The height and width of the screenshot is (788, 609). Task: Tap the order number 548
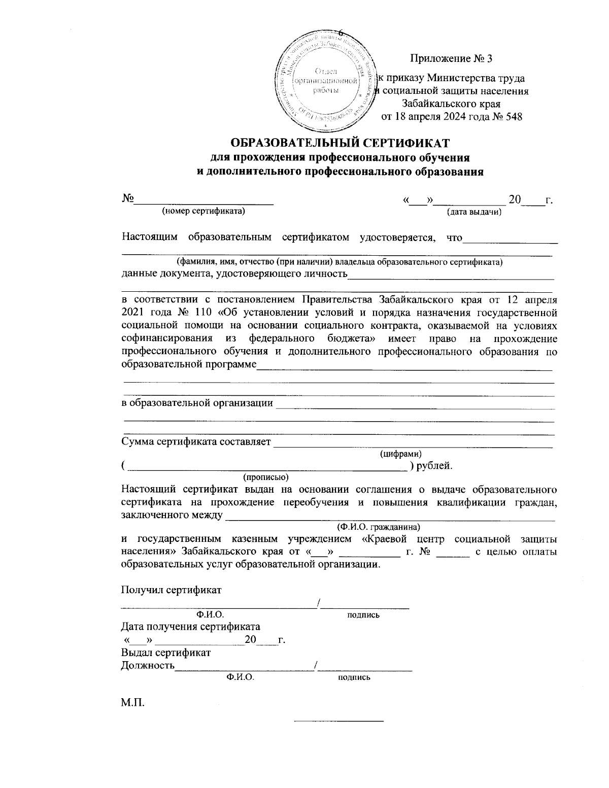(x=514, y=116)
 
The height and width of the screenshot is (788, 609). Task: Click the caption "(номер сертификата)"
(x=203, y=211)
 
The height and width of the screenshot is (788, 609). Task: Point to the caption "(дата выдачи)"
(x=474, y=212)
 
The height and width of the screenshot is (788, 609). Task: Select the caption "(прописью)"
(x=266, y=477)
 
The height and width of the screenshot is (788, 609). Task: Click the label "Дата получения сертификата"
(x=190, y=627)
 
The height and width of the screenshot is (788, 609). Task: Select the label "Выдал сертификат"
(x=166, y=653)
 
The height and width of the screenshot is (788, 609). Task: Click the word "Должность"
(x=148, y=665)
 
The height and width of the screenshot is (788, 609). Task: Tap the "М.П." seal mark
(x=132, y=703)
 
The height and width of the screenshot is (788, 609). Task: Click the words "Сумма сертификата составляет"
(x=196, y=441)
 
